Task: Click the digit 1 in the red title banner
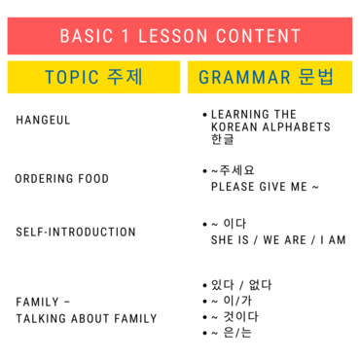[126, 36]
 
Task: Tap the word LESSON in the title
[173, 36]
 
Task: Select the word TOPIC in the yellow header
[72, 77]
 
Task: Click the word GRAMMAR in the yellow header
[244, 77]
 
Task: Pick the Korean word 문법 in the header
[316, 77]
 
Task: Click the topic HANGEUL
[43, 120]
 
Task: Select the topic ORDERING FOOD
[62, 178]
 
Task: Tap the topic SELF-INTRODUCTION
[76, 232]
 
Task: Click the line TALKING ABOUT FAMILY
[87, 318]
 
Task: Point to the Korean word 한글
[222, 139]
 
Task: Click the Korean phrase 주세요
[236, 170]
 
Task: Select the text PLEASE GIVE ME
[259, 187]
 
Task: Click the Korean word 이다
[234, 224]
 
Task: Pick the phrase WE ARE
[285, 240]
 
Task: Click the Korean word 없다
[260, 285]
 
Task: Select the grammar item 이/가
[237, 301]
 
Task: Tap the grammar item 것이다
[240, 317]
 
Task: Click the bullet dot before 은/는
[204, 333]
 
